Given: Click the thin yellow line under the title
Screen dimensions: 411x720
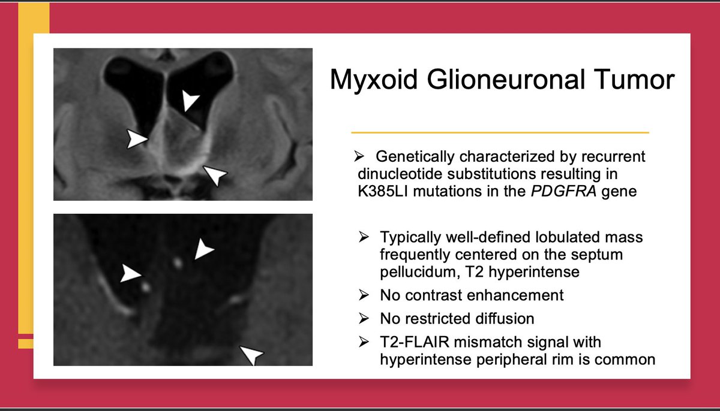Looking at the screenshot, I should coord(500,132).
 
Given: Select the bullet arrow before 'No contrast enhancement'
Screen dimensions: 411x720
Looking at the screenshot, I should coord(364,295).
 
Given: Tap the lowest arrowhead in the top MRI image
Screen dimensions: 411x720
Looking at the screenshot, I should coord(215,175).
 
